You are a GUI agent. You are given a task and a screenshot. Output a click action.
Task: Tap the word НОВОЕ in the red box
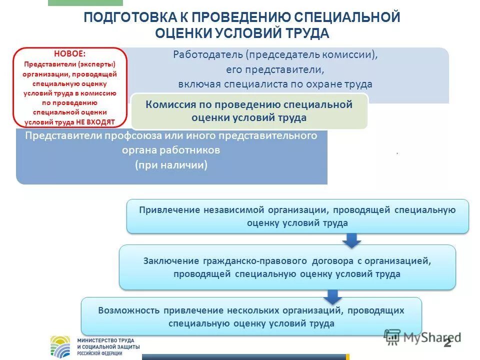(70, 53)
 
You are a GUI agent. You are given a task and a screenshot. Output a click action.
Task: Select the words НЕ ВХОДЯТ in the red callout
(96, 121)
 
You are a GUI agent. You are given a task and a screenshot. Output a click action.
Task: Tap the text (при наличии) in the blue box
(171, 165)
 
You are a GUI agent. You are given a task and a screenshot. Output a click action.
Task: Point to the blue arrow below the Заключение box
(330, 296)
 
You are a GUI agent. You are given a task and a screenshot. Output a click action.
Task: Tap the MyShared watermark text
(430, 336)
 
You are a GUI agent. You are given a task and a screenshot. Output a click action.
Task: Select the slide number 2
(447, 343)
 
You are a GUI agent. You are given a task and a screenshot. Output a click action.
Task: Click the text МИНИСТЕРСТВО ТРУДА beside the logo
(102, 340)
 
